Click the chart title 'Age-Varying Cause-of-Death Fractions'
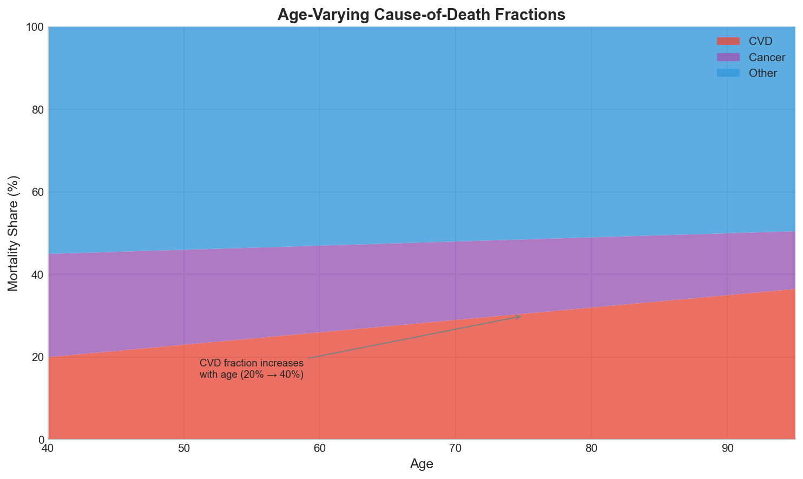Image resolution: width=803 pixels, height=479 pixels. (x=421, y=14)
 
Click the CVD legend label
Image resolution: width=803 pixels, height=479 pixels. (x=760, y=42)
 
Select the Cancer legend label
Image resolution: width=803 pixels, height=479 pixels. (x=767, y=57)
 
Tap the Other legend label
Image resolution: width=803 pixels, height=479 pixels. (x=763, y=73)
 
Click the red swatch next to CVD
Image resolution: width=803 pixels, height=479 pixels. (x=728, y=42)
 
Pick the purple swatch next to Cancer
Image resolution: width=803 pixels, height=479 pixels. (x=728, y=57)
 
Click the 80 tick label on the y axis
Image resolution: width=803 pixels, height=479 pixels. (x=37, y=110)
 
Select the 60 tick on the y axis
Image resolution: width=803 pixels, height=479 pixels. (x=37, y=192)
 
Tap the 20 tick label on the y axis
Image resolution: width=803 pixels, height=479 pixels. (x=37, y=357)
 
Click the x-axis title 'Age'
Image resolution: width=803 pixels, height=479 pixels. (x=421, y=464)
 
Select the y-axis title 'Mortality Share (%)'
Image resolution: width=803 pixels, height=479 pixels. (x=14, y=233)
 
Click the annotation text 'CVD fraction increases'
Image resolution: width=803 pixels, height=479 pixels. (x=252, y=363)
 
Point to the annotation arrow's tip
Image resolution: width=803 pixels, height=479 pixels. (x=521, y=316)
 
